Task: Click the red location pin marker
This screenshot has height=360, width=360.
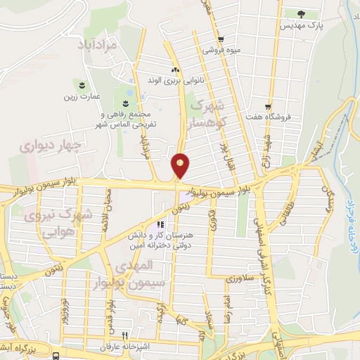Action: coord(181,165)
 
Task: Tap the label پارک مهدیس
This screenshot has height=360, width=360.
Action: coord(300,25)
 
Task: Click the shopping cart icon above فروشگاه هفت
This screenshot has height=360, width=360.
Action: coord(267,106)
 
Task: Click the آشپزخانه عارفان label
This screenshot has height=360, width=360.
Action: coord(124,347)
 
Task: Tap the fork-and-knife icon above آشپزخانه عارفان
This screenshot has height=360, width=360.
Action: coord(124,335)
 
